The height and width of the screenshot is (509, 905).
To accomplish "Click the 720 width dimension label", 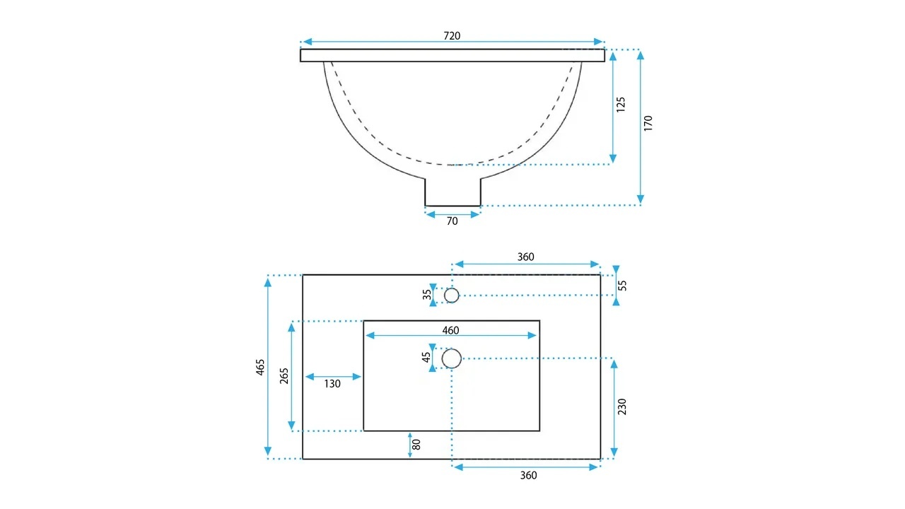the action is tap(452, 36).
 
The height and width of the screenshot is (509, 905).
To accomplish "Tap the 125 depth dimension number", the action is tap(621, 105).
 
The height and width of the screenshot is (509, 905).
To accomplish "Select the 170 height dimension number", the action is tap(648, 123).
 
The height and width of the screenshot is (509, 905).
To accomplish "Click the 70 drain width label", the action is tap(452, 221).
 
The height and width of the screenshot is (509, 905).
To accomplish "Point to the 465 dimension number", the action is tap(261, 367).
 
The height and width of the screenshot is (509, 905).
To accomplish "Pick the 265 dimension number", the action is tap(284, 375).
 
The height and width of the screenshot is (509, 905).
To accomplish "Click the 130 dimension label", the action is tap(332, 384).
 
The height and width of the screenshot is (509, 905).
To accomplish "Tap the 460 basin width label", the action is tap(450, 330).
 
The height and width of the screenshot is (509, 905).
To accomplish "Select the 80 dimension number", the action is tap(416, 445).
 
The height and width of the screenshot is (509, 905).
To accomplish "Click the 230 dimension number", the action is tap(621, 406).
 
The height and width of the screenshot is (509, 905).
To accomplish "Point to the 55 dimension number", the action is tap(623, 285).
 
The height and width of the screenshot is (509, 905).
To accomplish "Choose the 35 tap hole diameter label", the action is tap(427, 295).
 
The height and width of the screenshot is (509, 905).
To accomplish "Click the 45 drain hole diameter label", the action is tap(426, 358).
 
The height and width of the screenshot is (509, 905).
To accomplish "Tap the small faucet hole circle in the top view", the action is tap(451, 288).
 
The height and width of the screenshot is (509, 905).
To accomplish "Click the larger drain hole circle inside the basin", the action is tap(451, 349).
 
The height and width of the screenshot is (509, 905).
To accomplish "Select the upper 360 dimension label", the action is tap(525, 257).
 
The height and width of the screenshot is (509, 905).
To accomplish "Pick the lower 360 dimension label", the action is tap(528, 476).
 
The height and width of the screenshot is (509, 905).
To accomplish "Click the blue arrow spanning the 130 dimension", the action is tap(333, 377).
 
